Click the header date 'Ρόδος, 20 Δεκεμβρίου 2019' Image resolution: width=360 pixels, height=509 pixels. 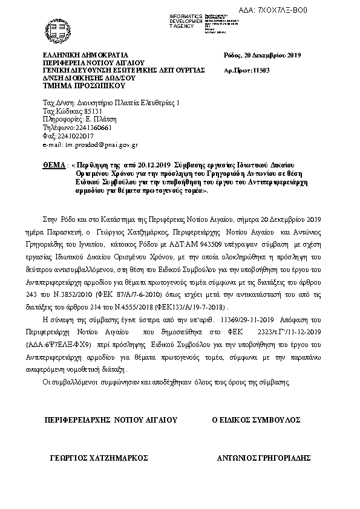coord(263,56)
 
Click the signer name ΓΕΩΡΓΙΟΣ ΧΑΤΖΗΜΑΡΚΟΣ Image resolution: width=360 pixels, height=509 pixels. coord(99,458)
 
